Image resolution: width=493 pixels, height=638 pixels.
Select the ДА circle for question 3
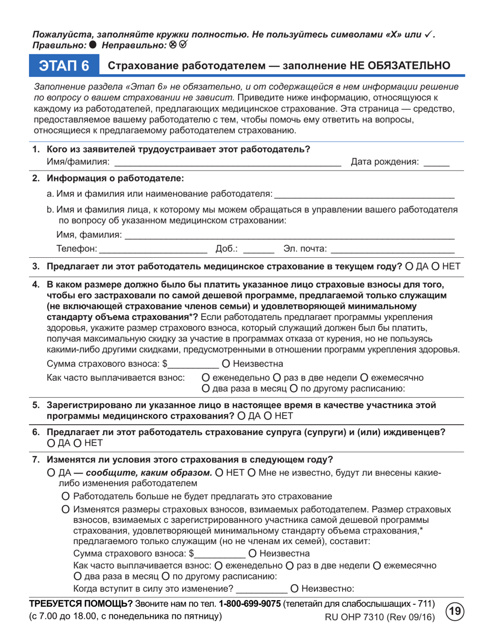coord(408,267)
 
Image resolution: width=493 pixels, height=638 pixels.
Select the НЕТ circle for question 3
coord(436,267)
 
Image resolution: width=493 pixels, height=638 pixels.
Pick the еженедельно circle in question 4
coord(206,377)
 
